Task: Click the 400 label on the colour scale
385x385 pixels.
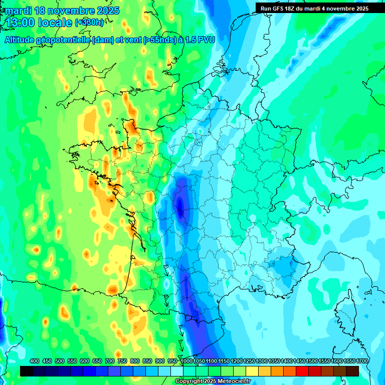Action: (35, 361)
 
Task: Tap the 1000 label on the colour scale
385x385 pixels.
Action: (186, 361)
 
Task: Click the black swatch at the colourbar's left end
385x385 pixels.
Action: (27, 371)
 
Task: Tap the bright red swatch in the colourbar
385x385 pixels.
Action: (302, 371)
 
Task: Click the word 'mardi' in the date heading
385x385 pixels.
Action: (19, 10)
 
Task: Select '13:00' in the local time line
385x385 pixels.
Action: (21, 23)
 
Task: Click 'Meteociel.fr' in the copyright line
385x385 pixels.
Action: (232, 381)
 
